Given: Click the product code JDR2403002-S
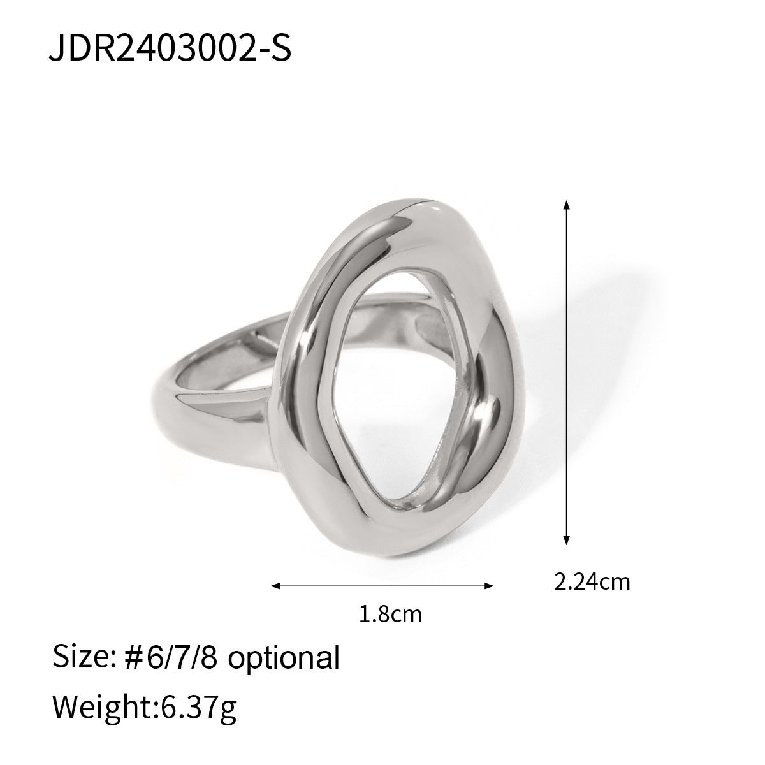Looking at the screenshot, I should (170, 48).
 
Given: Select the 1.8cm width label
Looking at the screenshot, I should (391, 615).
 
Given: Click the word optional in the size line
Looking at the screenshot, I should (284, 658).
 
